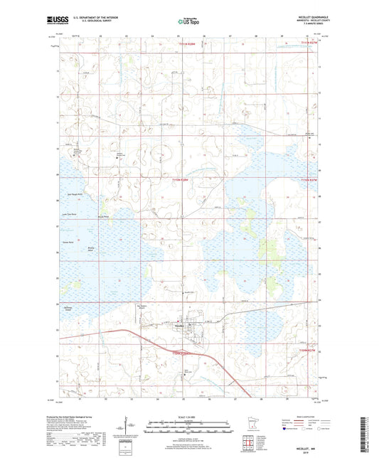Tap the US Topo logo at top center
pyautogui.click(x=188, y=22)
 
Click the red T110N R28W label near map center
pyautogui.click(x=183, y=180)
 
